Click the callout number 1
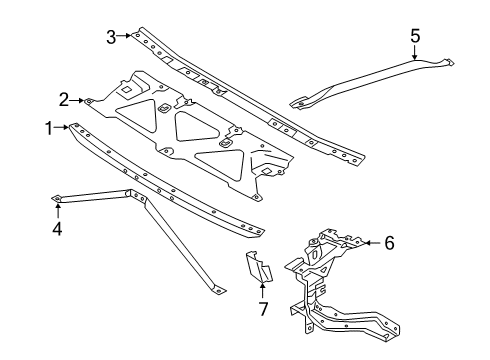click(47, 127)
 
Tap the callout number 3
click(111, 37)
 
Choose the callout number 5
click(415, 37)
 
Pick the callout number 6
click(388, 242)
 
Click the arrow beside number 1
click(62, 127)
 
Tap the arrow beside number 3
click(127, 37)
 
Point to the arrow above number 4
click(57, 208)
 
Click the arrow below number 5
click(415, 56)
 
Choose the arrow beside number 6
click(368, 242)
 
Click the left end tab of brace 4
click(57, 198)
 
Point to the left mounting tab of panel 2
click(90, 99)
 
